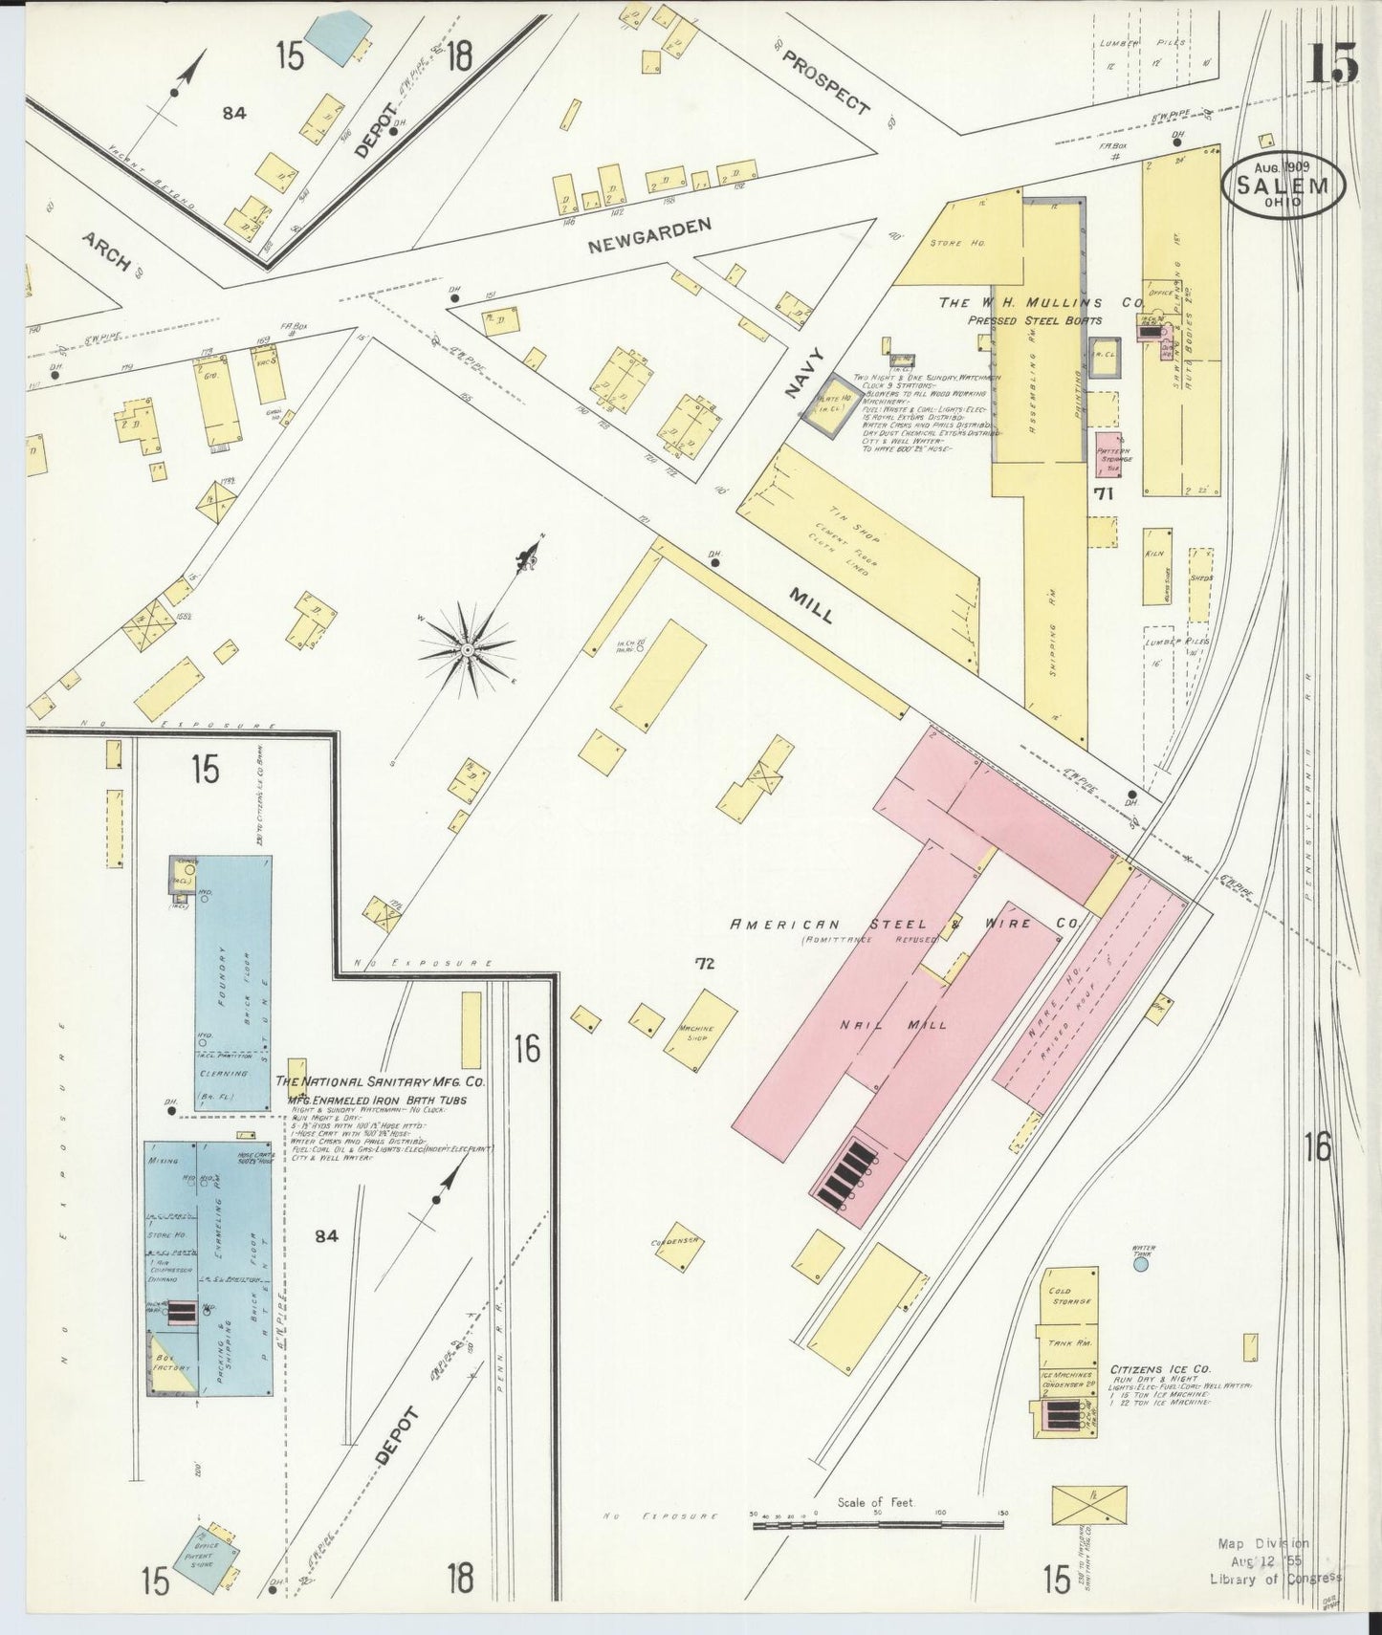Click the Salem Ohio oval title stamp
[1283, 185]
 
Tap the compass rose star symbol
[467, 649]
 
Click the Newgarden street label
[649, 234]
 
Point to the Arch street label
[105, 251]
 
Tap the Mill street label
[810, 604]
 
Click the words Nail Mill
[893, 1024]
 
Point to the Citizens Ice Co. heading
[1160, 1369]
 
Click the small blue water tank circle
[1140, 1264]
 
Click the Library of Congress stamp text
[1275, 1578]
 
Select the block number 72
[705, 965]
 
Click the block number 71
[1106, 494]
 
